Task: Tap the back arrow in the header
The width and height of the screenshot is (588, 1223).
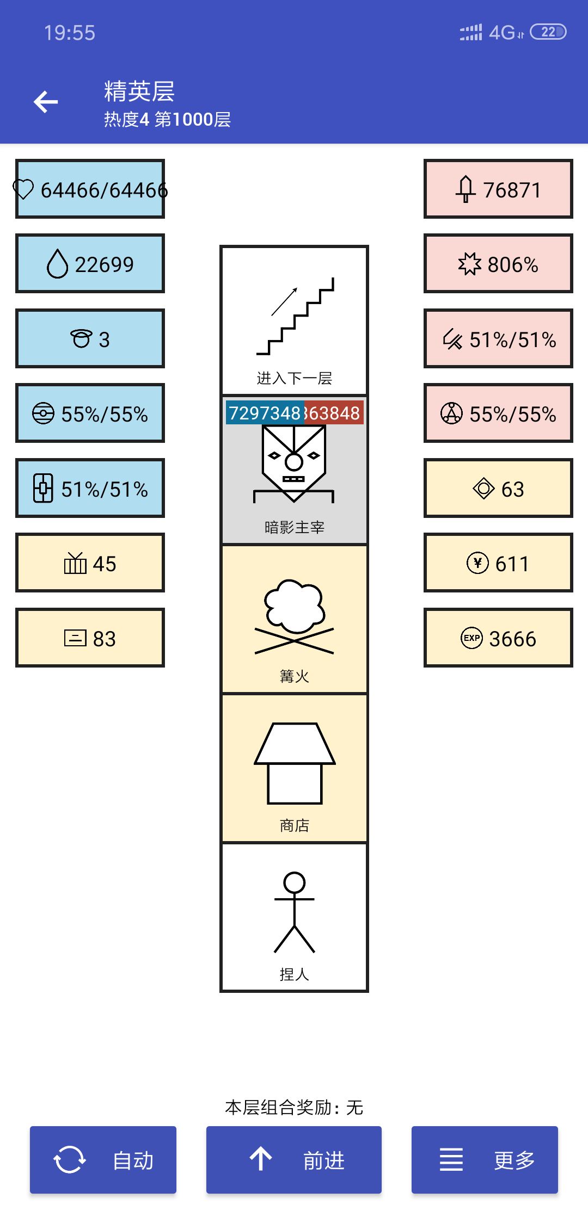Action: pos(46,102)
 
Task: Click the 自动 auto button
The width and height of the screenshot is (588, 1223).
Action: pos(103,1160)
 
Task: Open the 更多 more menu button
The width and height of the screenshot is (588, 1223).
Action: pos(485,1160)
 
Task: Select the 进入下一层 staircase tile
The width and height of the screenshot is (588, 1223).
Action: pos(294,321)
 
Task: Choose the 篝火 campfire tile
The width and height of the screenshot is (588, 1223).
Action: pos(294,619)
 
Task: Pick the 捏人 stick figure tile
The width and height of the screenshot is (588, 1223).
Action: pos(294,917)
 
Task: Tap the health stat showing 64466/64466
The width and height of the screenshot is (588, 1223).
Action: pos(90,189)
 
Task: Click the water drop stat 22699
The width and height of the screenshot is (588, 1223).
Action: pos(90,264)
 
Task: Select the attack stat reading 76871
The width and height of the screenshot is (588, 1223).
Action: pos(498,189)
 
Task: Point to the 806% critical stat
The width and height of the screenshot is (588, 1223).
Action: pos(498,264)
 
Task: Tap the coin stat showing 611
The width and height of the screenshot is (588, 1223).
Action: pos(498,563)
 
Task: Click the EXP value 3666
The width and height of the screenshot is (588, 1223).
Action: pos(498,638)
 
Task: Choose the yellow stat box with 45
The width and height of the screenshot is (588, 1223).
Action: pos(90,563)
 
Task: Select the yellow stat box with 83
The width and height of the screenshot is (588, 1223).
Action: pos(90,638)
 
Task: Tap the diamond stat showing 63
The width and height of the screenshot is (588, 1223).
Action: pos(498,489)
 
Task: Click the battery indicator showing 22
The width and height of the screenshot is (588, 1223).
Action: pos(548,32)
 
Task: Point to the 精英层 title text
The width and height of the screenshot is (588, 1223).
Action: pos(139,91)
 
